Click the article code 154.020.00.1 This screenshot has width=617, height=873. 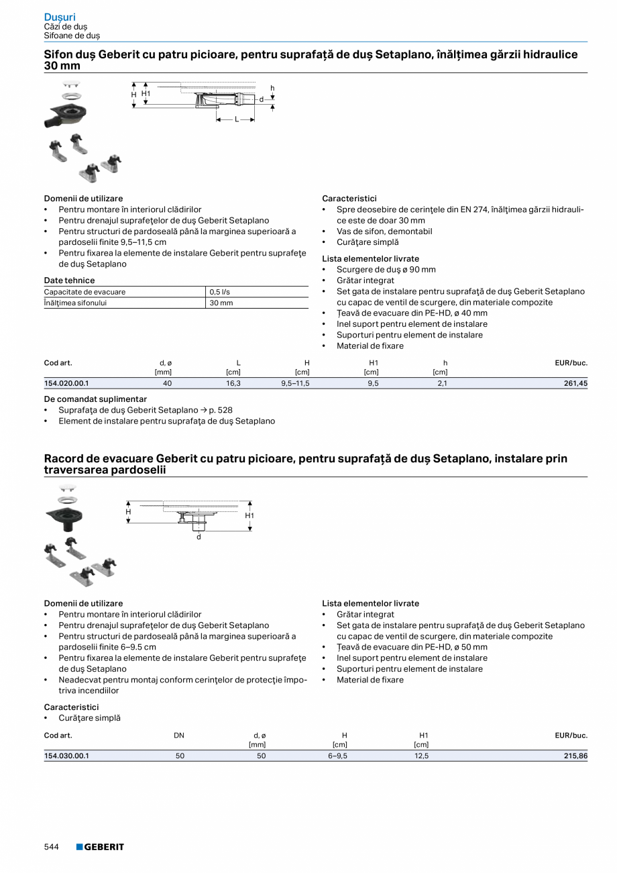66,383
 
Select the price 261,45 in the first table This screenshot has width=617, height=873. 575,383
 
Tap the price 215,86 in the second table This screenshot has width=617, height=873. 575,756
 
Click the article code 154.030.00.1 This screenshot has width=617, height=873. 66,756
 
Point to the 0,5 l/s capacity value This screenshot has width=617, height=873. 220,292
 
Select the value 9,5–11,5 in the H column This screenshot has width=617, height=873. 295,383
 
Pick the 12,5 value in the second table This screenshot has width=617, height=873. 421,756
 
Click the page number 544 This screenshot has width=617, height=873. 52,847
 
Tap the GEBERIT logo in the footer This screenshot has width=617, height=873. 100,847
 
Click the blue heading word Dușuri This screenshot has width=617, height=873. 60,17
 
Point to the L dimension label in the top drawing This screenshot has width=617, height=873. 236,119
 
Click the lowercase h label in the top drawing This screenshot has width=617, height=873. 272,88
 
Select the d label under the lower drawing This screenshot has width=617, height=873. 199,537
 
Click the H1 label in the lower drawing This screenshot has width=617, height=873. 249,515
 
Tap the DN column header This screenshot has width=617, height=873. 179,735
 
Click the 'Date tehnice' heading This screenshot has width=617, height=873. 69,280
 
